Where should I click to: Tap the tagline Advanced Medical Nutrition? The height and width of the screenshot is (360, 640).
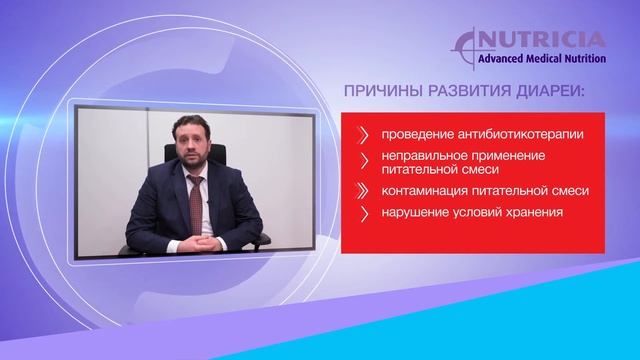[x=552, y=58]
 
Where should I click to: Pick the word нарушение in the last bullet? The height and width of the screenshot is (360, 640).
[x=414, y=212]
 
